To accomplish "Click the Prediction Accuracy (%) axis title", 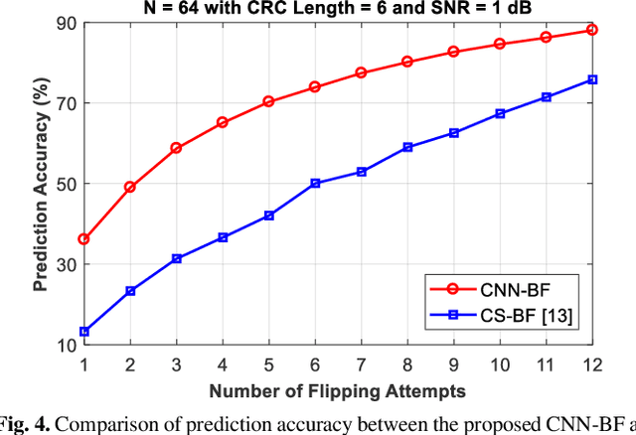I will [41, 184].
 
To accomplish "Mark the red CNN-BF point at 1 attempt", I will [83, 239].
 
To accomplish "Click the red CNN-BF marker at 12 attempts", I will [592, 30].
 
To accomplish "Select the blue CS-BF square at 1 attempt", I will [83, 332].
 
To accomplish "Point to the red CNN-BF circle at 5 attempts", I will [268, 101].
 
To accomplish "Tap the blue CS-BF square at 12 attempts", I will [592, 79].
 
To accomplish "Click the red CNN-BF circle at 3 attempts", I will [176, 148].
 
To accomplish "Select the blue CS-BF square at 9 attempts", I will [453, 132].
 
